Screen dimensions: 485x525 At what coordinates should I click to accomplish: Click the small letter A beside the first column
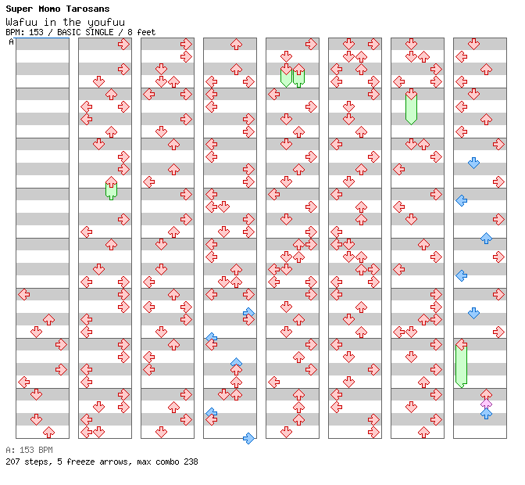pyautogui.click(x=12, y=41)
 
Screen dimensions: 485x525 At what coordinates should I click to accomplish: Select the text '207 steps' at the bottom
pyautogui.click(x=26, y=462)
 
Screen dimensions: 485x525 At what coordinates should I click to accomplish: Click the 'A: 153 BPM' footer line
pyautogui.click(x=29, y=450)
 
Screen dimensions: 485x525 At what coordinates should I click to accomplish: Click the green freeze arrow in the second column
pyautogui.click(x=111, y=188)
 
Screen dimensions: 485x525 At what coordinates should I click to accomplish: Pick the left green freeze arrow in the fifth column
pyautogui.click(x=286, y=75)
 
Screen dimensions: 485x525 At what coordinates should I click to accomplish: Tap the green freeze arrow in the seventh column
pyautogui.click(x=411, y=107)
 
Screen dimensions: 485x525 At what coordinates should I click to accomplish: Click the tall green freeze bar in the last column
pyautogui.click(x=461, y=364)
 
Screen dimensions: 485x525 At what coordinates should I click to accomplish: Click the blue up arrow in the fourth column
pyautogui.click(x=236, y=363)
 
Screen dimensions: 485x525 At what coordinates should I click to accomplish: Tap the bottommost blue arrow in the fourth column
pyautogui.click(x=248, y=438)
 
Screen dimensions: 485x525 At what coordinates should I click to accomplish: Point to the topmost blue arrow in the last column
pyautogui.click(x=473, y=163)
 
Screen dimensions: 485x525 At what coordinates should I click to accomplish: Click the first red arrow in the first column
pyautogui.click(x=23, y=294)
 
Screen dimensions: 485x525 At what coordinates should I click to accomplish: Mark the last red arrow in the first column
pyautogui.click(x=48, y=432)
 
